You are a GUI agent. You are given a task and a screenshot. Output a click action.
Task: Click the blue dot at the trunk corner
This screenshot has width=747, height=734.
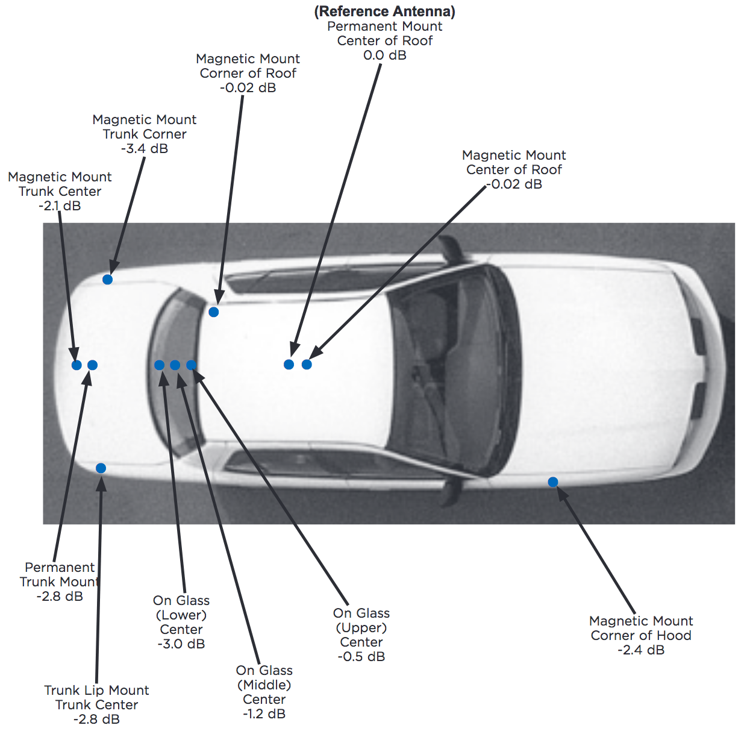tap(107, 280)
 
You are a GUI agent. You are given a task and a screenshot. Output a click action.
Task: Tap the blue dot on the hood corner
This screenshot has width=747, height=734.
tap(553, 482)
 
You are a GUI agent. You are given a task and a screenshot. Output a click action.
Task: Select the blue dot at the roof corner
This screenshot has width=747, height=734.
tap(214, 312)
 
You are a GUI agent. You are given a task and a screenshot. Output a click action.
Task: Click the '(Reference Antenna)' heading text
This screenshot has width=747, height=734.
tap(384, 11)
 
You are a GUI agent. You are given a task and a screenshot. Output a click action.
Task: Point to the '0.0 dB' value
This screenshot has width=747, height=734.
tap(384, 55)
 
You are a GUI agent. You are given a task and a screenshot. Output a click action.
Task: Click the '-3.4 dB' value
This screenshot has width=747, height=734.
tap(145, 149)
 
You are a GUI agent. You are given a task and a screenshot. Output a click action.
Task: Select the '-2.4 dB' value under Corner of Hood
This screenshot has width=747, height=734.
tap(641, 650)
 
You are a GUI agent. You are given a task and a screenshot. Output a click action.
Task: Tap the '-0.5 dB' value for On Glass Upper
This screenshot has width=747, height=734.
tap(361, 656)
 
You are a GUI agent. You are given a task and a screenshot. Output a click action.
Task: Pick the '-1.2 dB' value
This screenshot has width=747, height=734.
tap(264, 714)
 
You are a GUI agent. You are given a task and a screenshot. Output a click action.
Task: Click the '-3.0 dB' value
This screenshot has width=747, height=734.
tap(181, 644)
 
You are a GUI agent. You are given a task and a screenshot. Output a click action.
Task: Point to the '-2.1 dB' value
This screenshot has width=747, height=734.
tap(60, 205)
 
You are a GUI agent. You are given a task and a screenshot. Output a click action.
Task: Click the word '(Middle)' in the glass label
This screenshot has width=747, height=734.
tap(264, 685)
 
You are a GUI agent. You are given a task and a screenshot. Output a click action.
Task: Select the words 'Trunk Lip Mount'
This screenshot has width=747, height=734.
tap(96, 690)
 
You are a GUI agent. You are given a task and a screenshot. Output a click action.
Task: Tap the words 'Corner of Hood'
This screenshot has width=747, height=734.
tap(641, 635)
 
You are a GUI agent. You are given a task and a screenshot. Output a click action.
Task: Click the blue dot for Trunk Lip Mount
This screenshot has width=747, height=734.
tap(101, 468)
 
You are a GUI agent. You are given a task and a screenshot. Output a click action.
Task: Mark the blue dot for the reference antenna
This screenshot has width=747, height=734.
tap(289, 364)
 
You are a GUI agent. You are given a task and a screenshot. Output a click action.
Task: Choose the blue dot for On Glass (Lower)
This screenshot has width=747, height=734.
tap(159, 365)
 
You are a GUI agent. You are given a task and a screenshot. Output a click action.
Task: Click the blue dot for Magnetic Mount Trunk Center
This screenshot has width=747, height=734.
tap(77, 365)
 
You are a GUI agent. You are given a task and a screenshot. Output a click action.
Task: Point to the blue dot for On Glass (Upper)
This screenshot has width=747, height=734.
tap(192, 365)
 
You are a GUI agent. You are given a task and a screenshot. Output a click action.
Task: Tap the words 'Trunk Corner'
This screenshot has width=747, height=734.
tap(145, 134)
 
